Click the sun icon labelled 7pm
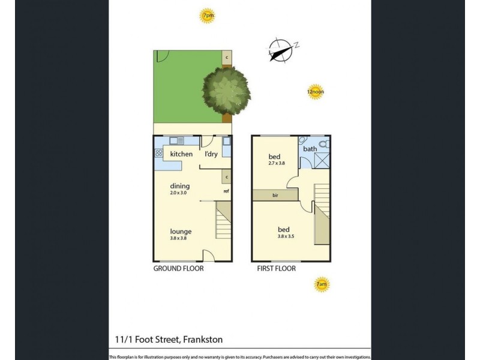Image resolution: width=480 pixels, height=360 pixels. (208, 17)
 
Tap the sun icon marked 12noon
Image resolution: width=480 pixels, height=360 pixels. (315, 92)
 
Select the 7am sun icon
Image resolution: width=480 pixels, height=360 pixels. (322, 284)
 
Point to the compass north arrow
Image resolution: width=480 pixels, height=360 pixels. (280, 50)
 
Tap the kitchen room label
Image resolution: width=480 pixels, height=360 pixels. (181, 154)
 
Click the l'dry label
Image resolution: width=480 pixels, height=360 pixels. (211, 154)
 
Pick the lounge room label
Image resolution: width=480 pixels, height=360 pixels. (180, 230)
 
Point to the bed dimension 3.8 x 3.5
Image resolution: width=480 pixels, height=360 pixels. (283, 237)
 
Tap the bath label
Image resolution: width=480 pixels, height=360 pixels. (310, 149)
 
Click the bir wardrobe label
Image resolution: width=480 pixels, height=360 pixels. (275, 196)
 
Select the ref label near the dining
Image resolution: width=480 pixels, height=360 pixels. (226, 191)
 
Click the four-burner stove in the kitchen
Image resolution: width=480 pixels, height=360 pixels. (159, 153)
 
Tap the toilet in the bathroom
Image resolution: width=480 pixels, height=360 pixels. (324, 144)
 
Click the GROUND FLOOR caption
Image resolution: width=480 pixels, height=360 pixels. (178, 269)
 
